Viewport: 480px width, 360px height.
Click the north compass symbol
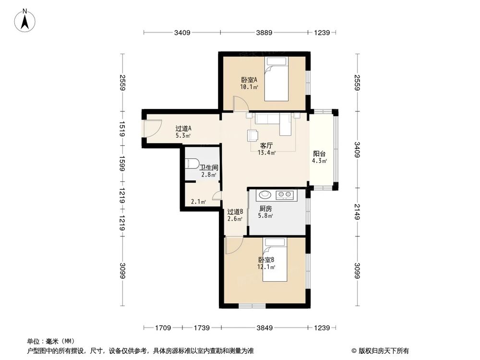[27, 20]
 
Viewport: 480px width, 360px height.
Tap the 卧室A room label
[249, 80]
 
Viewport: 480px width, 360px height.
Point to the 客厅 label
[266, 145]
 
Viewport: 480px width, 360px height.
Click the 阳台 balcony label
[319, 154]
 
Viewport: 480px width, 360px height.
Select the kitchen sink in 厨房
[264, 195]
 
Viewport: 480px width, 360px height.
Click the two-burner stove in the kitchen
[286, 195]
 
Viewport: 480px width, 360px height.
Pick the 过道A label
[183, 129]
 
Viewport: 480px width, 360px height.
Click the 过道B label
[235, 212]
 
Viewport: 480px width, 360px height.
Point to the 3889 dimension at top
[264, 33]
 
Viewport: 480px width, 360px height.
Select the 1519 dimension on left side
[123, 129]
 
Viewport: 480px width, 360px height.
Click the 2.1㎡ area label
[198, 202]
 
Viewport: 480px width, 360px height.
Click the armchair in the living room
[252, 135]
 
